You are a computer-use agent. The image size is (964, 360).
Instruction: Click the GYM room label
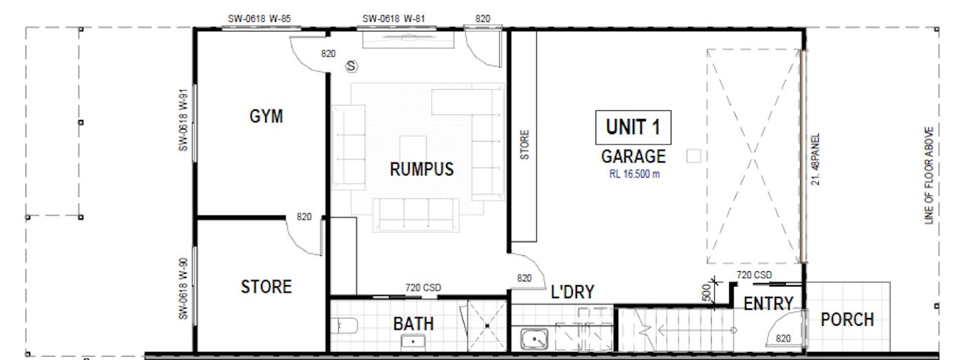tap(266, 116)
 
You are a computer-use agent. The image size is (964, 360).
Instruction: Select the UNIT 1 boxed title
tap(633, 127)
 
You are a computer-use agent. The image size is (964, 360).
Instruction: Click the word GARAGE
tap(633, 156)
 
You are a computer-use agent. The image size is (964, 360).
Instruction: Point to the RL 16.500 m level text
tap(633, 173)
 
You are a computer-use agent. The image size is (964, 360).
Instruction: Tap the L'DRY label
tap(572, 292)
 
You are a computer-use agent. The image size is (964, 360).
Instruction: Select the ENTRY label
tap(768, 303)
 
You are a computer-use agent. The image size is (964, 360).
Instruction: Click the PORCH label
tap(848, 319)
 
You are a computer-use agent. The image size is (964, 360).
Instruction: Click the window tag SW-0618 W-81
tap(393, 19)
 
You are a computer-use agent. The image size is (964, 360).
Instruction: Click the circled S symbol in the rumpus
tap(353, 67)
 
